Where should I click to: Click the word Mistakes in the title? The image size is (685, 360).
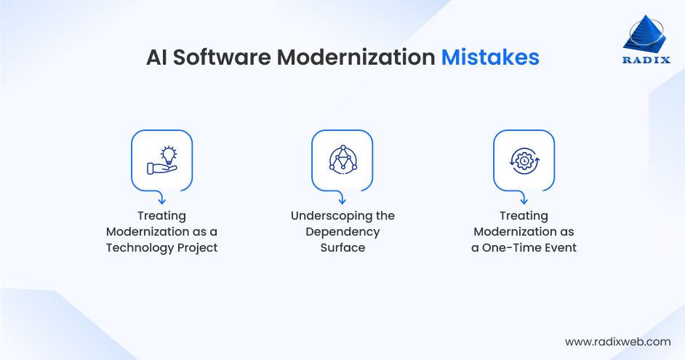pyautogui.click(x=490, y=57)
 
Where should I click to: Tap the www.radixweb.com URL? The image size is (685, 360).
pyautogui.click(x=617, y=341)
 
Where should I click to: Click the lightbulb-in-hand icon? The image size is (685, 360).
pyautogui.click(x=161, y=160)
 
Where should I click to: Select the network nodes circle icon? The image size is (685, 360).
pyautogui.click(x=342, y=160)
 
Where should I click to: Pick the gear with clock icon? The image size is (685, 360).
pyautogui.click(x=524, y=160)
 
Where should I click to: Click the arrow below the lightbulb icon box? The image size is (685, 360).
pyautogui.click(x=161, y=196)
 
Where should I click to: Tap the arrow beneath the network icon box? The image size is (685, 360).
pyautogui.click(x=342, y=196)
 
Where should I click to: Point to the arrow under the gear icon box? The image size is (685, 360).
pyautogui.click(x=524, y=196)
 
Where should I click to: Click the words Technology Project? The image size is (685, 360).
pyautogui.click(x=161, y=247)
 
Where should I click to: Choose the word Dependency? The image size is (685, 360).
pyautogui.click(x=342, y=231)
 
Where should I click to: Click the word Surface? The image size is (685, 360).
pyautogui.click(x=342, y=247)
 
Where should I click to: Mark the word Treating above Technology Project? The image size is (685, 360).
pyautogui.click(x=161, y=215)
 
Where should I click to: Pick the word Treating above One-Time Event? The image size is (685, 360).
pyautogui.click(x=524, y=215)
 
